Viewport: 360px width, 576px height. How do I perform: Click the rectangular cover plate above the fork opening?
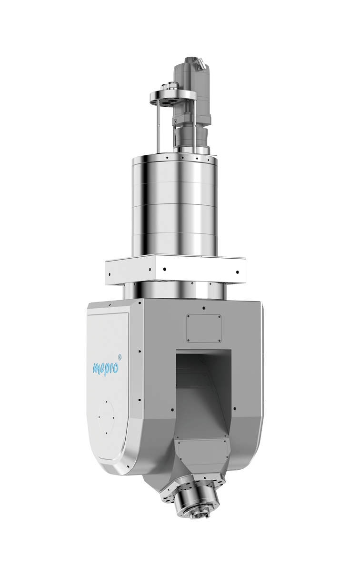[203, 328]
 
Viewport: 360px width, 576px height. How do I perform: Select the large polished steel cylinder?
[174, 205]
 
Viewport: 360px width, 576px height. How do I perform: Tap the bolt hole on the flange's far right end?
[236, 273]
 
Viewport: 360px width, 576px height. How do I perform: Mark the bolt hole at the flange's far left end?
[110, 275]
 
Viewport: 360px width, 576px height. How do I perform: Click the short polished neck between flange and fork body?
[174, 290]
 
